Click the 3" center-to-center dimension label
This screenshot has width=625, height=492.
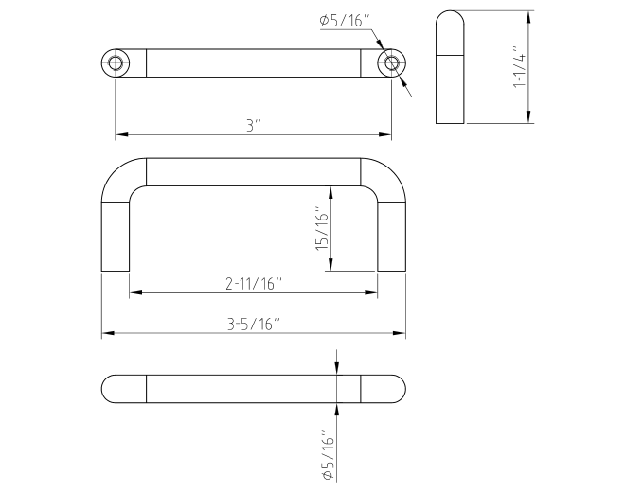tap(254, 126)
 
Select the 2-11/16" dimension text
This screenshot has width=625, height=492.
tap(254, 284)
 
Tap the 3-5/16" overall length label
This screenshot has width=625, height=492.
tap(254, 325)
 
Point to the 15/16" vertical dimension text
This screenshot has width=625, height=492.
tap(323, 229)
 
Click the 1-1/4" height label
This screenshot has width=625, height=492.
tap(520, 66)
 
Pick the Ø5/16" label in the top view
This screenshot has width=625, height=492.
tap(346, 20)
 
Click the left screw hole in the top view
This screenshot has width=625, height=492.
tap(116, 63)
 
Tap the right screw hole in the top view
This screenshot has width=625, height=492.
tap(391, 63)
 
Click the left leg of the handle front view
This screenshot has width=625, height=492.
tap(116, 237)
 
